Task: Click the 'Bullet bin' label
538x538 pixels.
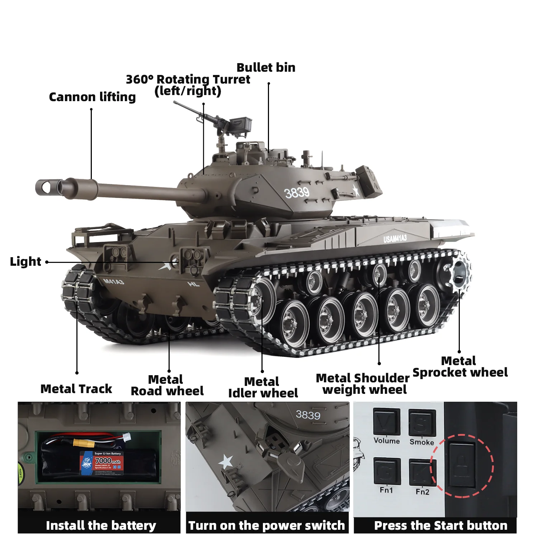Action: click(266, 67)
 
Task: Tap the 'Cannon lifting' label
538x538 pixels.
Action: click(92, 97)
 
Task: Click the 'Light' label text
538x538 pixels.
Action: click(25, 261)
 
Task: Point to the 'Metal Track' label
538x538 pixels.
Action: click(76, 389)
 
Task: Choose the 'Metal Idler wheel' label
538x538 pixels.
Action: click(263, 387)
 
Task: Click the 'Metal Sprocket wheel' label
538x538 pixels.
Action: click(460, 367)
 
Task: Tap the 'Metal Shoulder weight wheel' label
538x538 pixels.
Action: click(363, 384)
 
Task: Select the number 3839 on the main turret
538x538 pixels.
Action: click(297, 193)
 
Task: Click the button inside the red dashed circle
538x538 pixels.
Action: click(462, 465)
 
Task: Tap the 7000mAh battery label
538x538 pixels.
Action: click(102, 461)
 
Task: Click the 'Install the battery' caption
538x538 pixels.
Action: click(101, 525)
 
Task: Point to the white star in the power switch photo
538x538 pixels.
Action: click(226, 462)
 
